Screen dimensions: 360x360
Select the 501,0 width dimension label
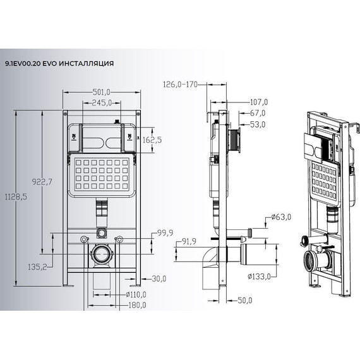point(101,91)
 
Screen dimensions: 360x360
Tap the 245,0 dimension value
point(101,102)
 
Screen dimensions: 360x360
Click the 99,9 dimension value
point(165,233)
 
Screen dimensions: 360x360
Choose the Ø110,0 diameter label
point(136,295)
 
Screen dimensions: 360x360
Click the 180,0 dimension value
point(136,305)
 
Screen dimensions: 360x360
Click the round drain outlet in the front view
point(100,256)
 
